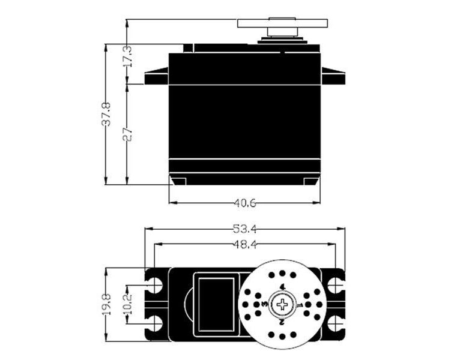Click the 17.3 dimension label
tap(127, 56)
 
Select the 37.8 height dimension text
tap(106, 115)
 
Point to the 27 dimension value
tap(127, 134)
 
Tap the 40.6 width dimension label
tap(245, 203)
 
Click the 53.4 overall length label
tap(245, 229)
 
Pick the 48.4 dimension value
tap(245, 244)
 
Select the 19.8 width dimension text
tap(106, 305)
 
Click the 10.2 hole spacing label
tap(127, 305)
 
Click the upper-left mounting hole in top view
tap(155, 285)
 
